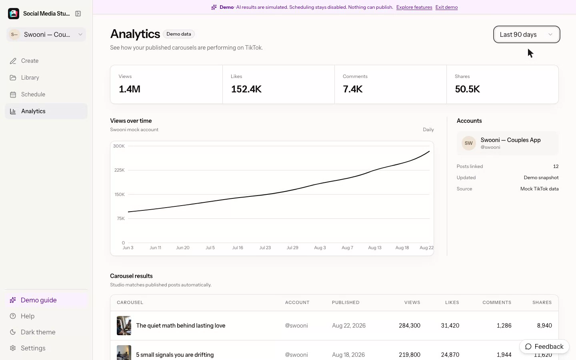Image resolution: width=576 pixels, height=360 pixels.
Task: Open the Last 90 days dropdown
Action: point(526,34)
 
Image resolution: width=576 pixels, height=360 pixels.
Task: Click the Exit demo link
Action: point(446,7)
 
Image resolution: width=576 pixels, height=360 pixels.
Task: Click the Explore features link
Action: point(414,7)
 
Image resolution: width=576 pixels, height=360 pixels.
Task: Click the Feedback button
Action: point(544,346)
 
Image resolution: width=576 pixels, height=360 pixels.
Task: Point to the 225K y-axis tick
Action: point(119,170)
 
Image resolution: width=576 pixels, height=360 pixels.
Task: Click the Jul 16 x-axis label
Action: point(237,248)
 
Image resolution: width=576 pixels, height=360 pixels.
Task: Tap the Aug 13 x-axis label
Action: point(375,248)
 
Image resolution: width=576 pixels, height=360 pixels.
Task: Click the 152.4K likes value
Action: point(246,89)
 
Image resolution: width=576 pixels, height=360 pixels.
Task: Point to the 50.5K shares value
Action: point(467,89)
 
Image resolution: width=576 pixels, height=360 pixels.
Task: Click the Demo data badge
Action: point(179,34)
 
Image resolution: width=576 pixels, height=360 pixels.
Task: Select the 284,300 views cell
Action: point(409,326)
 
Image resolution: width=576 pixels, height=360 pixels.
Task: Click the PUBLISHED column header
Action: point(346,302)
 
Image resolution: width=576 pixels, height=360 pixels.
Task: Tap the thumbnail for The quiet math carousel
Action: point(124,326)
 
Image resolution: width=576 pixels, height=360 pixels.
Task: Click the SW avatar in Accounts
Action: point(468,143)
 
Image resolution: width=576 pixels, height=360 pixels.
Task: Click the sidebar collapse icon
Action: point(78,14)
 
